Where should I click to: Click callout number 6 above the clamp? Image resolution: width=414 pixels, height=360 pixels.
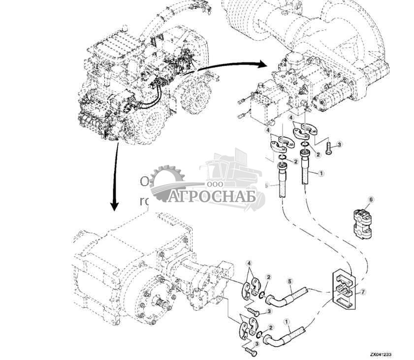point(371,199)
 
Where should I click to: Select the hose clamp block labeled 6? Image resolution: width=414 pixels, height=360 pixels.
point(362,224)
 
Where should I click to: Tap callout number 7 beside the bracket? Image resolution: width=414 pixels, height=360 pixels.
point(363,292)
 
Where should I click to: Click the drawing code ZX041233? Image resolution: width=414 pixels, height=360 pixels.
point(382,354)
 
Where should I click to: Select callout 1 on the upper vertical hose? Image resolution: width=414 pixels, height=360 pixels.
point(321,173)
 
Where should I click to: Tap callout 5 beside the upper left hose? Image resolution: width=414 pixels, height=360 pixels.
point(267,186)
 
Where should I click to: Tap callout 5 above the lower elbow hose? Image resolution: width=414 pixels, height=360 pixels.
point(290,281)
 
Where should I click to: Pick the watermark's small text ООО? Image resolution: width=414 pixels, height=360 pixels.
point(213,184)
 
